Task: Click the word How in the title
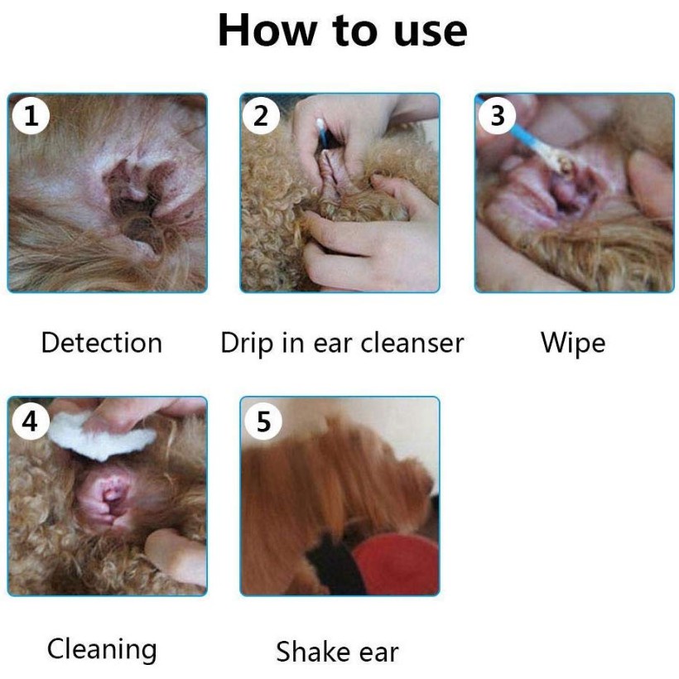click(x=267, y=31)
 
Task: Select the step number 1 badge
click(x=31, y=116)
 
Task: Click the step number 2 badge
click(x=261, y=116)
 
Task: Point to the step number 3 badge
click(x=497, y=116)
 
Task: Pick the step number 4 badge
click(x=31, y=421)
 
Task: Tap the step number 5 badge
click(x=263, y=421)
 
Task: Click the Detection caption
click(x=102, y=343)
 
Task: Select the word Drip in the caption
click(x=247, y=344)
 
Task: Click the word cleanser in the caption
click(x=412, y=343)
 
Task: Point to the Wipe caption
click(x=573, y=344)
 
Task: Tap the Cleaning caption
click(x=102, y=650)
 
